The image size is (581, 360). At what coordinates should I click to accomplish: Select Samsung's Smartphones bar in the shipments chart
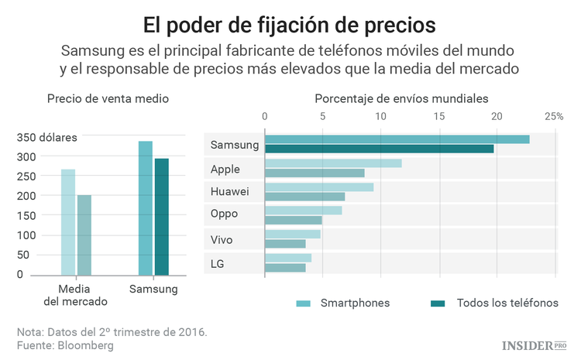pos(397,139)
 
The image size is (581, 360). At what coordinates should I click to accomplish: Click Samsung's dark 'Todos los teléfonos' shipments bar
pos(380,149)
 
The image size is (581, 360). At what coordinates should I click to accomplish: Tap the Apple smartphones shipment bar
pos(334,163)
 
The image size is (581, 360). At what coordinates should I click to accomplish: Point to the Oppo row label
pos(225,214)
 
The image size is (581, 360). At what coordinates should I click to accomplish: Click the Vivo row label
pos(223,240)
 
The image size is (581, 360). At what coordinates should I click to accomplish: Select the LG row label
pos(218,264)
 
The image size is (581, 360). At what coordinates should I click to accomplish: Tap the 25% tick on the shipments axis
pos(553,116)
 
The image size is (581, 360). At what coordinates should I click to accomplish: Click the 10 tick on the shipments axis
pos(380,116)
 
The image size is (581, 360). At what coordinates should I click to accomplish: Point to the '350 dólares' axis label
pos(48,138)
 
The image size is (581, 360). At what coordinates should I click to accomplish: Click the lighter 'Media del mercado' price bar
pos(68,222)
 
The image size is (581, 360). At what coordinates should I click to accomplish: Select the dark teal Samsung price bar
pos(161,217)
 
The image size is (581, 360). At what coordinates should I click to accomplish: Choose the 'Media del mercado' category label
pos(76,295)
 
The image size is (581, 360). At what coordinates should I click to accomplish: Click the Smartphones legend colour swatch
pos(304,303)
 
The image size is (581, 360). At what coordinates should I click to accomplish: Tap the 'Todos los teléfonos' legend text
pos(507,303)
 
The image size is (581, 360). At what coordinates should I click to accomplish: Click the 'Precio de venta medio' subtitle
pos(108,99)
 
